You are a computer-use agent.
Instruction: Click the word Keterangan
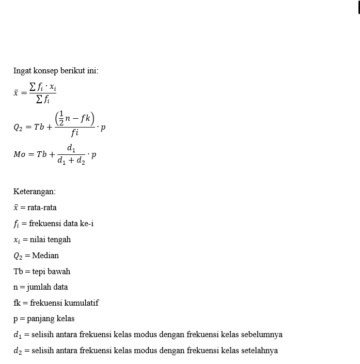click(x=35, y=192)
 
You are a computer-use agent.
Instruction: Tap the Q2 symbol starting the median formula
click(x=19, y=128)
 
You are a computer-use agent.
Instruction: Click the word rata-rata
click(x=42, y=208)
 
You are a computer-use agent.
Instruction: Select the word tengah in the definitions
click(x=59, y=240)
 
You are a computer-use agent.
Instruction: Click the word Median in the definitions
click(x=45, y=256)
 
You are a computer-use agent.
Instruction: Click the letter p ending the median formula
click(x=103, y=128)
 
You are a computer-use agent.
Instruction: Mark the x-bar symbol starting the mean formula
click(x=16, y=93)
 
